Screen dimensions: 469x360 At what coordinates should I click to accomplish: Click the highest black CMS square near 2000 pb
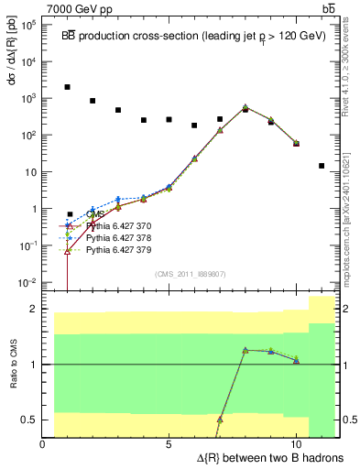pyautogui.click(x=68, y=87)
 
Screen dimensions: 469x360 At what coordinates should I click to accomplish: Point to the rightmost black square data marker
pyautogui.click(x=321, y=166)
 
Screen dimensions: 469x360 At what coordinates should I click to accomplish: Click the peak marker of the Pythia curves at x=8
pyautogui.click(x=245, y=107)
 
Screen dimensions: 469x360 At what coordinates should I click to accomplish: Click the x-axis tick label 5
pyautogui.click(x=169, y=444)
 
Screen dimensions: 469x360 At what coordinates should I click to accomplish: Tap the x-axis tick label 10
pyautogui.click(x=296, y=444)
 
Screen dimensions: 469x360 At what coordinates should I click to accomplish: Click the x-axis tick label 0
pyautogui.click(x=43, y=444)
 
